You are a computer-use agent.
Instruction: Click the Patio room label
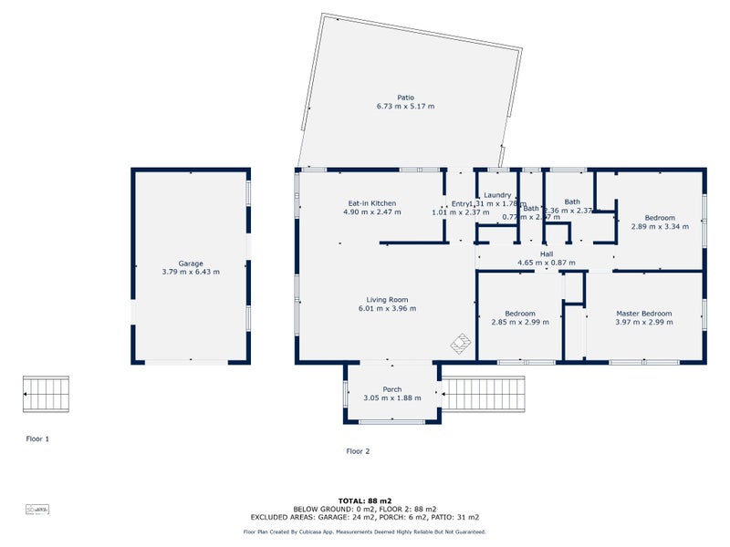tap(405, 98)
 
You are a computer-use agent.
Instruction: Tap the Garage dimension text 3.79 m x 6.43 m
tap(191, 272)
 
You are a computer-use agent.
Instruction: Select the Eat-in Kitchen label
tap(371, 203)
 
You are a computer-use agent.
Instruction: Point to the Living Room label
tap(387, 299)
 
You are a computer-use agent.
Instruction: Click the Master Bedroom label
tap(643, 314)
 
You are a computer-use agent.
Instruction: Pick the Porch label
tap(392, 389)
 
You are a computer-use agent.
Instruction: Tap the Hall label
tap(547, 254)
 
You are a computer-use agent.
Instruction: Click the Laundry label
tap(497, 195)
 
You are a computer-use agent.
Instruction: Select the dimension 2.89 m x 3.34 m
tap(660, 227)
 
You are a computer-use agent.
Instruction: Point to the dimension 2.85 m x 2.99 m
tap(520, 322)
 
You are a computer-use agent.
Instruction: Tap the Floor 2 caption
tap(359, 450)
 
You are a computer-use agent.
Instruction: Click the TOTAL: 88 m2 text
tap(364, 501)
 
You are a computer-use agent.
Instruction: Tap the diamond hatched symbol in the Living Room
tap(461, 343)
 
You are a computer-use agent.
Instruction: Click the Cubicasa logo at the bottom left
tap(36, 508)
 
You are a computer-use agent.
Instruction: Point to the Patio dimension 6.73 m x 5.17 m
tap(405, 107)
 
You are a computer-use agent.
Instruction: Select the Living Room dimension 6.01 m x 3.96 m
tap(387, 308)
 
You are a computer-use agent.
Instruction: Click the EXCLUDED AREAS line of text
tap(364, 516)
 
